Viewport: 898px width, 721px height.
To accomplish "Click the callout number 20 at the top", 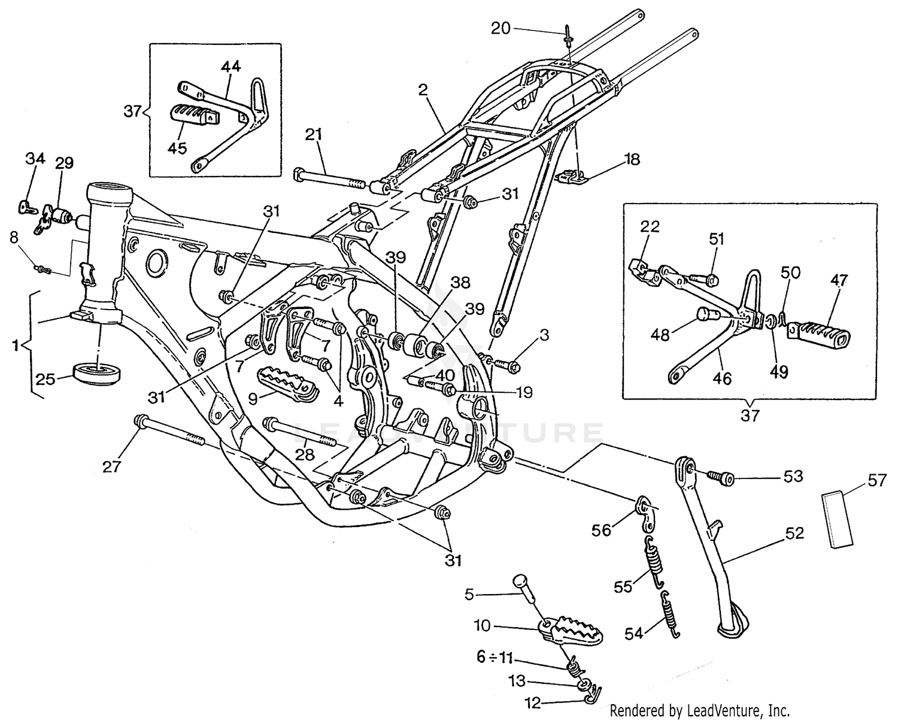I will pyautogui.click(x=501, y=28).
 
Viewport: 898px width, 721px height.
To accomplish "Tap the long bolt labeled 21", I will pyautogui.click(x=329, y=179).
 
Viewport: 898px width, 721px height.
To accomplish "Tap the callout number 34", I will pyautogui.click(x=35, y=159).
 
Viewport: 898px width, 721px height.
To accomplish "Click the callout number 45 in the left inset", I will pyautogui.click(x=177, y=148).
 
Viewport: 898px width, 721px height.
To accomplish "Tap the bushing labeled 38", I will pyautogui.click(x=415, y=346).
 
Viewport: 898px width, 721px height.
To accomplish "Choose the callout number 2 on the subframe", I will pyautogui.click(x=423, y=90).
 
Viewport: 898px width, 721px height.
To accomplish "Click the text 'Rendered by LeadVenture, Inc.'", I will pyautogui.click(x=699, y=711).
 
